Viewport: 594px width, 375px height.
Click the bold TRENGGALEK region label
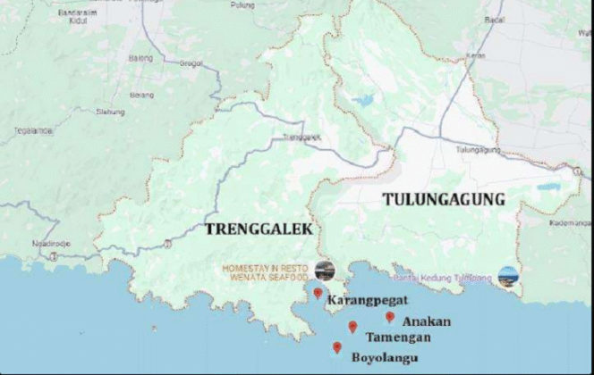tap(259, 229)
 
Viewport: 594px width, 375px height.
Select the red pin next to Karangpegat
tap(318, 293)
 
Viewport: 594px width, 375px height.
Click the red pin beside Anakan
tap(390, 317)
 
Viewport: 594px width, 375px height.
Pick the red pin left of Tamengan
tap(353, 327)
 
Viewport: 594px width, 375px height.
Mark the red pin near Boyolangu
tap(337, 347)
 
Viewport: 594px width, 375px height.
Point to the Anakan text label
tap(427, 321)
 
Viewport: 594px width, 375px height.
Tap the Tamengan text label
tap(398, 337)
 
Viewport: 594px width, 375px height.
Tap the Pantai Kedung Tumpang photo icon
tap(508, 276)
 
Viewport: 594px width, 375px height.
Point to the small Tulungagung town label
tap(475, 150)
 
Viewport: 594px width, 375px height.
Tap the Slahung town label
tap(110, 112)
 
